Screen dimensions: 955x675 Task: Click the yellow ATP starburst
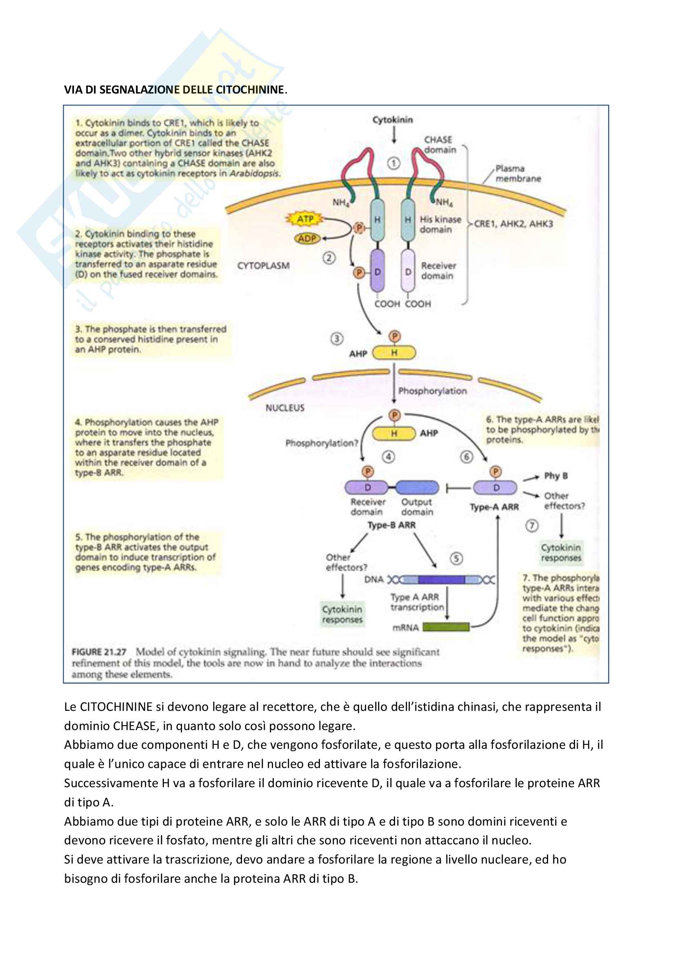(305, 219)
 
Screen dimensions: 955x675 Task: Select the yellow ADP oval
(307, 239)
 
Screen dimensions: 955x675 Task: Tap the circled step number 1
(393, 163)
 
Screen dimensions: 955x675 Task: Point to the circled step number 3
(337, 339)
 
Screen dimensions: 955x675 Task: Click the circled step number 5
(456, 559)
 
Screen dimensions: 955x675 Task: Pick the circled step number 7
(532, 526)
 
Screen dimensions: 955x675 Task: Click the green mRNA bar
(446, 627)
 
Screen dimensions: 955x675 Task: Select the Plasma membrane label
(518, 174)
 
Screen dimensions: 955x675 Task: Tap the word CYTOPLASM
(263, 266)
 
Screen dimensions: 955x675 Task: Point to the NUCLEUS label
(285, 408)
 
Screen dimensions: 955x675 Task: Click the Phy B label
(556, 476)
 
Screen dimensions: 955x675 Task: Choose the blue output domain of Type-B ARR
(417, 488)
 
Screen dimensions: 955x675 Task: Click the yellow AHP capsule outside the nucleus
(394, 353)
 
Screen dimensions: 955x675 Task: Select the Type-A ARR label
(494, 507)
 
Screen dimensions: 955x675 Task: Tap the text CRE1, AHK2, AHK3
(514, 224)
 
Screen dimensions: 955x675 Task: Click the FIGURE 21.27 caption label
(99, 652)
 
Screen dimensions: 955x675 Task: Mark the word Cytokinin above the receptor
(393, 120)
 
